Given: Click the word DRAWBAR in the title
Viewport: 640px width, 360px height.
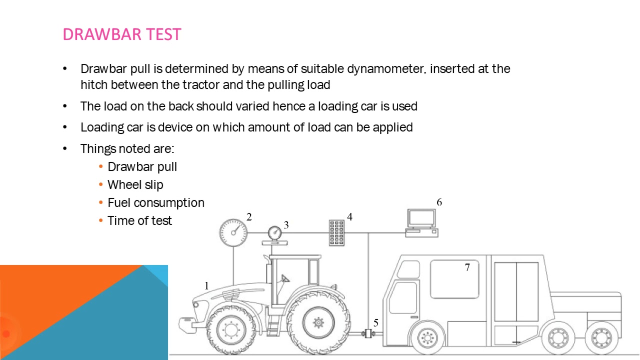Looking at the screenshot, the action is (x=102, y=34).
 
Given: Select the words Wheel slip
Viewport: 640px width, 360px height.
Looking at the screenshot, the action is (x=135, y=185).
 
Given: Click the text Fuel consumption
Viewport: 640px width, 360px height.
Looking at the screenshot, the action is (x=156, y=203).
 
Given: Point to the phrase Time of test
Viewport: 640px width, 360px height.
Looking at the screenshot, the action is (x=139, y=221).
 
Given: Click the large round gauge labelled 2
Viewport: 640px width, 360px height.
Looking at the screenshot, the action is (x=233, y=232).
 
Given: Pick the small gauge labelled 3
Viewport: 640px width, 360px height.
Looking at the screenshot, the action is (x=275, y=233).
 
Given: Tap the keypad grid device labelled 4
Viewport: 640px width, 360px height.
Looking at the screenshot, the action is (x=336, y=232).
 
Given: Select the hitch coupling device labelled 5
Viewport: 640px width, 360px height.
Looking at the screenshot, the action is (x=368, y=333).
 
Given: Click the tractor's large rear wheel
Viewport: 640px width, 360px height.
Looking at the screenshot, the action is (x=318, y=322).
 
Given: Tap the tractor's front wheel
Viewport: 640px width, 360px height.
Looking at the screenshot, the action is (x=231, y=330).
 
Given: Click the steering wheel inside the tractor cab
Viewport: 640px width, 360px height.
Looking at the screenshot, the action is (x=285, y=278).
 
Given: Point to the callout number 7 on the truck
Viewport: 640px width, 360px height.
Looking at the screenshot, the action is (x=467, y=267).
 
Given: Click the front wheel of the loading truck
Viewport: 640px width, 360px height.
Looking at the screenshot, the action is (x=427, y=338).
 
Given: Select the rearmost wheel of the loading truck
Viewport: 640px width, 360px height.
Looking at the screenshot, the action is (x=601, y=338).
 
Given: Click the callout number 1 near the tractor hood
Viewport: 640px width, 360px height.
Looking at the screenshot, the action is (x=206, y=285).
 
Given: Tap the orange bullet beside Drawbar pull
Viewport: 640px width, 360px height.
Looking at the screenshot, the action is (x=100, y=166).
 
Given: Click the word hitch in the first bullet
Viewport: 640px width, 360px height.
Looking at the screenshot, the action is (x=94, y=85).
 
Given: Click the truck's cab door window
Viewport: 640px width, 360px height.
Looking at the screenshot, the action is (x=403, y=297).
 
